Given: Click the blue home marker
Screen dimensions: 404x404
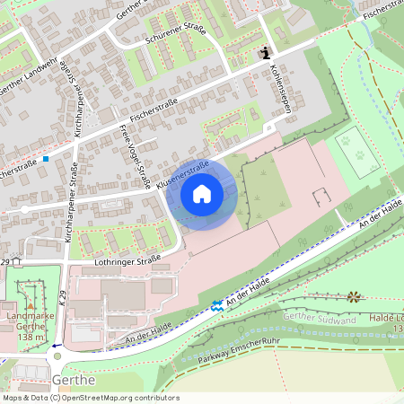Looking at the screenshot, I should (x=202, y=194).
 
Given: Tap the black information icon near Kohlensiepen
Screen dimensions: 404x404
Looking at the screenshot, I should (x=265, y=53).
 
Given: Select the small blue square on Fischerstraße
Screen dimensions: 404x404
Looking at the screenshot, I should (x=45, y=159).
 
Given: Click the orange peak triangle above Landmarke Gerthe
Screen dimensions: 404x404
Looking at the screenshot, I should (x=31, y=305).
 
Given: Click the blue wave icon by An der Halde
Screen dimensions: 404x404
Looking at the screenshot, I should (x=217, y=306).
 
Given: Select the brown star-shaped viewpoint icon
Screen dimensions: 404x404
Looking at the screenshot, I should (x=353, y=296).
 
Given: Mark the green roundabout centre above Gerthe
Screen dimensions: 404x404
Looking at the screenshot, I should (x=57, y=356).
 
